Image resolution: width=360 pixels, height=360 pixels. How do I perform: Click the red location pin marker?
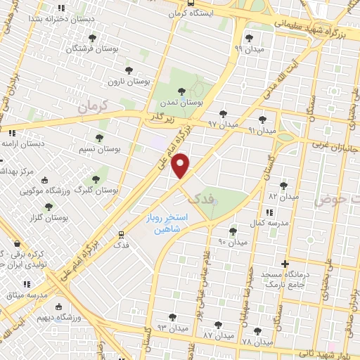tap(181, 167)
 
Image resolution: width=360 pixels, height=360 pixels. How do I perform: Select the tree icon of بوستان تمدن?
tap(182, 91)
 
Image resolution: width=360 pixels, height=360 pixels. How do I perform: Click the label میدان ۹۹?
tap(247, 49)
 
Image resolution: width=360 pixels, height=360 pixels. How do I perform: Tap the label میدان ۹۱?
tap(262, 130)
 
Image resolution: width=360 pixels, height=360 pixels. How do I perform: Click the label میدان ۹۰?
tap(233, 242)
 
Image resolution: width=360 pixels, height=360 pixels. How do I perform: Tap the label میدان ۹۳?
tap(172, 328)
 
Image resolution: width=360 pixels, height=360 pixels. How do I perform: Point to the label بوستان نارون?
tap(124, 82)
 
